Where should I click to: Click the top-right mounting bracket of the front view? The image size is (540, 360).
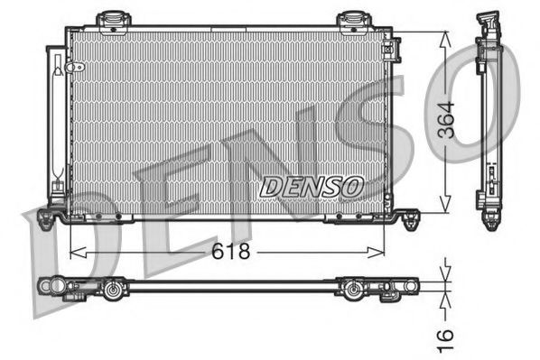(351, 18)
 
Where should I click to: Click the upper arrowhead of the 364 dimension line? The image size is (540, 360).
(445, 37)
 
